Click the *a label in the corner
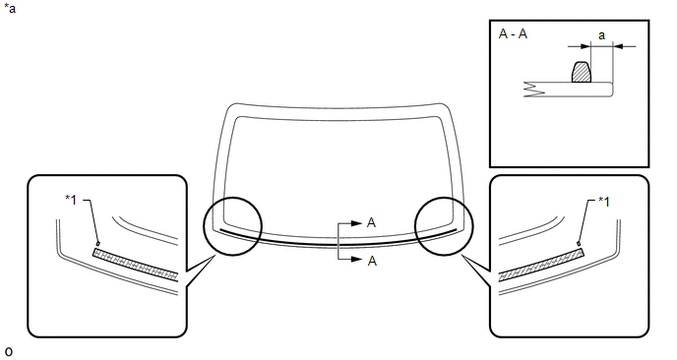(10, 8)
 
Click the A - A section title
(513, 33)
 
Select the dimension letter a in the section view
(601, 35)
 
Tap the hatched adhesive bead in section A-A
(581, 72)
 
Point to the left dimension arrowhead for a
(585, 46)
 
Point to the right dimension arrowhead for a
(618, 46)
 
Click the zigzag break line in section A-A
(533, 90)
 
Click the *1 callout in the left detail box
(71, 200)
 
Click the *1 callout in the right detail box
(604, 202)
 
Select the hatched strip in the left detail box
(135, 265)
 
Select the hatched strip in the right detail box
(541, 265)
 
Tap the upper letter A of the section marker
(371, 222)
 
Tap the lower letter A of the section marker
(372, 261)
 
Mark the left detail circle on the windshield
(232, 198)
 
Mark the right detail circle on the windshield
(444, 198)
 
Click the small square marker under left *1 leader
(98, 243)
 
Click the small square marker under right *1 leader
(579, 244)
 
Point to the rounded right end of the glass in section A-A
(613, 90)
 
